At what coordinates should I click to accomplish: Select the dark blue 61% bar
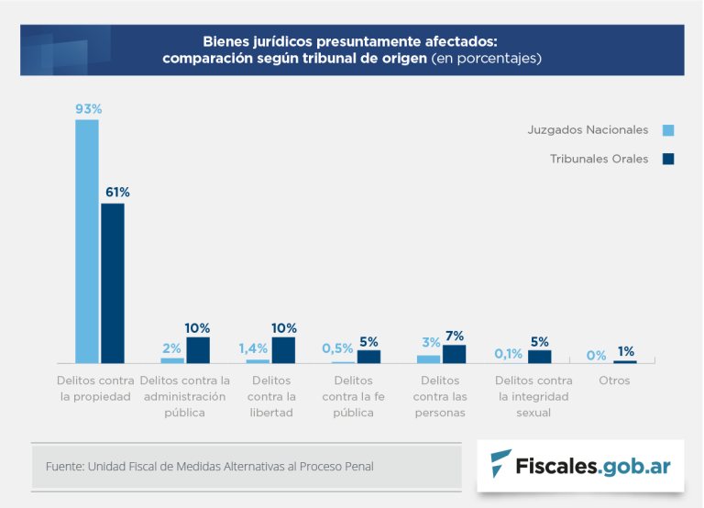[x=113, y=283]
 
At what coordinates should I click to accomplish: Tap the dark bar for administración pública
[x=198, y=350]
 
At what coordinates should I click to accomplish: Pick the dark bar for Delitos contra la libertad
[x=283, y=350]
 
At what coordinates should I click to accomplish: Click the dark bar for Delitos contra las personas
[x=455, y=354]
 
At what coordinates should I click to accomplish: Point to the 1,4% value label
[x=253, y=348]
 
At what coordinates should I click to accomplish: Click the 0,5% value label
[x=337, y=348]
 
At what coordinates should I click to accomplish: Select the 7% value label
[x=455, y=336]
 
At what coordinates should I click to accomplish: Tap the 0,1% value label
[x=509, y=353]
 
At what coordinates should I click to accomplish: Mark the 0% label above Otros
[x=596, y=355]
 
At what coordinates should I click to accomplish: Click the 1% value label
[x=626, y=351]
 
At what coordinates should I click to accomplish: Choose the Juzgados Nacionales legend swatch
[x=667, y=129]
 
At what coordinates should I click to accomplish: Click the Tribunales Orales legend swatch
[x=667, y=159]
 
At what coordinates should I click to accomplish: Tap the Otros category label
[x=614, y=381]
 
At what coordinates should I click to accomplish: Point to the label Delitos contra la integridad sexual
[x=533, y=396]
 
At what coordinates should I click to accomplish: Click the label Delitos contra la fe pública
[x=353, y=396]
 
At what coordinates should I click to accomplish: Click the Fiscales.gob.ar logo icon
[x=501, y=464]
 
